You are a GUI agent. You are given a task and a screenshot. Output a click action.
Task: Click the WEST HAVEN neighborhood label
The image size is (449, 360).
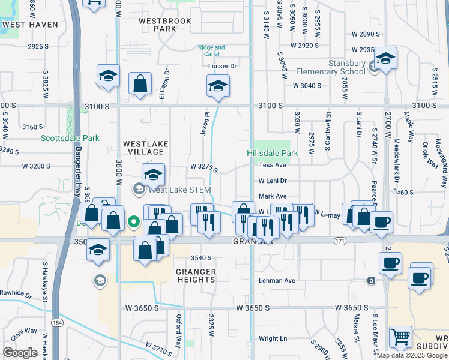point(30,25)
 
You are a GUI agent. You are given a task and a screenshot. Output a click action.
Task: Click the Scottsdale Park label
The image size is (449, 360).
point(70,138)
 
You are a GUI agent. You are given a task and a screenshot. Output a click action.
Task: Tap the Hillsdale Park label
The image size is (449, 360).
point(272,153)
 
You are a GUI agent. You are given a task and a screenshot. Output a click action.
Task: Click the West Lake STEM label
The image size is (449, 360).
point(179,190)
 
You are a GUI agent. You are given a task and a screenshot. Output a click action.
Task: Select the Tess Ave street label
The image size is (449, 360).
point(273,165)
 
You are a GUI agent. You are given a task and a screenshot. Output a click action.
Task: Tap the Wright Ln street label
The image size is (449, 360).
point(273,338)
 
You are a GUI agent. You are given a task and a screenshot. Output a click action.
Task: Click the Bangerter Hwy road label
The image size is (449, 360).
point(78,174)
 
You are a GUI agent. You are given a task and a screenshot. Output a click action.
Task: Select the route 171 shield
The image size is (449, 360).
point(339,240)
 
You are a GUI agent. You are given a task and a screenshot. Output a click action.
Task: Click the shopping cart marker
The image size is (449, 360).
point(400,337)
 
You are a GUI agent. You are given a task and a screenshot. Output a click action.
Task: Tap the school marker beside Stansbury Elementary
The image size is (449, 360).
point(385,58)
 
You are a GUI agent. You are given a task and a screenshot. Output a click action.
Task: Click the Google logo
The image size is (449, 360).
point(20,353)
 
